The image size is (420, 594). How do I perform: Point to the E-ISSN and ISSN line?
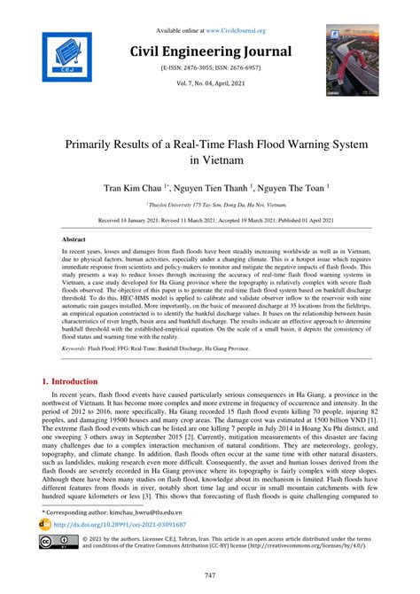tap(209, 67)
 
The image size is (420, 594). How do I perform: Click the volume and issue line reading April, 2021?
tap(209, 82)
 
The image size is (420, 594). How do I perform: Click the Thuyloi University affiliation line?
tap(209, 204)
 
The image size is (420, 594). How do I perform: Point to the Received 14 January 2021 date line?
tap(209, 220)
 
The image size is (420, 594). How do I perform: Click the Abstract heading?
tap(74, 240)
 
